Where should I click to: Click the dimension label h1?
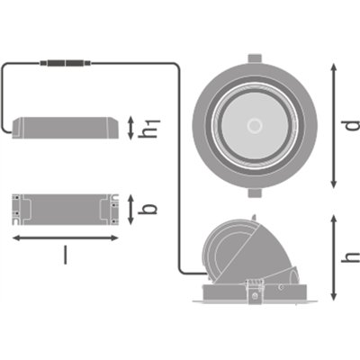149,129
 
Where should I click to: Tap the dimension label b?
148,209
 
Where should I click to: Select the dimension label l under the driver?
66,255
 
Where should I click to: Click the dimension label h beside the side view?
350,257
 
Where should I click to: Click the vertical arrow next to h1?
130,128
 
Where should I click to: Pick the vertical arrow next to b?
130,210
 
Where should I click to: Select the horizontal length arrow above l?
66,238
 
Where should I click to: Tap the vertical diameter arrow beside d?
334,126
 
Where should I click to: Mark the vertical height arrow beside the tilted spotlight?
334,257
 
